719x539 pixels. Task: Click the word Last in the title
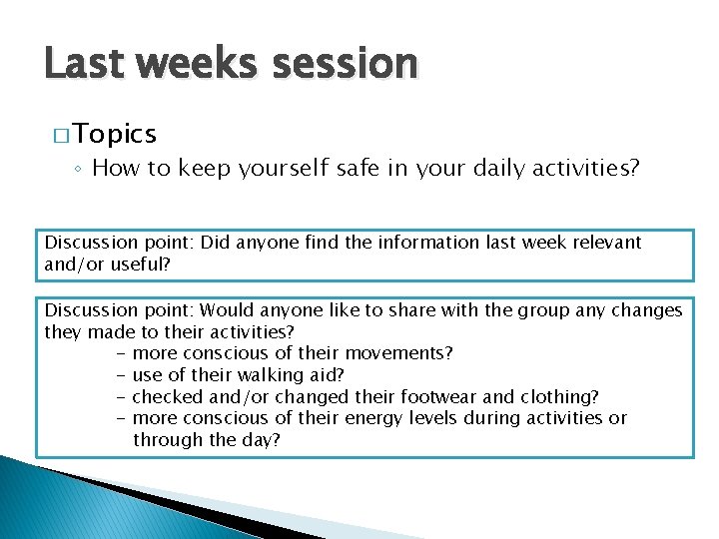(x=84, y=64)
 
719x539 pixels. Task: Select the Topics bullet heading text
(x=114, y=134)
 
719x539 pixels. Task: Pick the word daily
(x=479, y=169)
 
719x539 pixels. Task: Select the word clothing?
(x=553, y=396)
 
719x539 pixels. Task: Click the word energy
(x=374, y=418)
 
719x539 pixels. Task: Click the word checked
(x=169, y=396)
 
